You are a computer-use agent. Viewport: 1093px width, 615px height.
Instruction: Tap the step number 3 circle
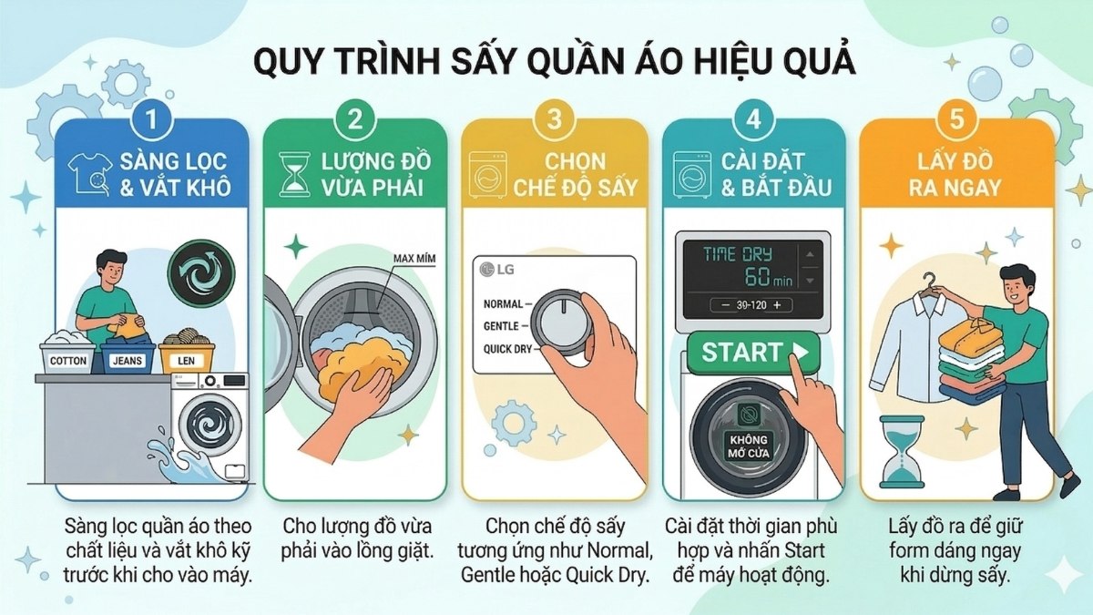[x=555, y=119]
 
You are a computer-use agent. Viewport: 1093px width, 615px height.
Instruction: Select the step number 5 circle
[x=956, y=119]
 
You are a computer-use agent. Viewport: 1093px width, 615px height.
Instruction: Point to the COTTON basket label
[x=68, y=361]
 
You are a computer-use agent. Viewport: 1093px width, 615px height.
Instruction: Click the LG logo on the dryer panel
[x=494, y=270]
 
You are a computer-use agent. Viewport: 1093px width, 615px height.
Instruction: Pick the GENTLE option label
[x=502, y=325]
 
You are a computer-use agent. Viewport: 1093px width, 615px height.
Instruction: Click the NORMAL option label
[x=504, y=303]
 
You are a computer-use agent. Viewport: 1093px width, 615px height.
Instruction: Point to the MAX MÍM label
[x=414, y=260]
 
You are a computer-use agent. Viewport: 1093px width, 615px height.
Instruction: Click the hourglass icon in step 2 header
[x=292, y=176]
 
